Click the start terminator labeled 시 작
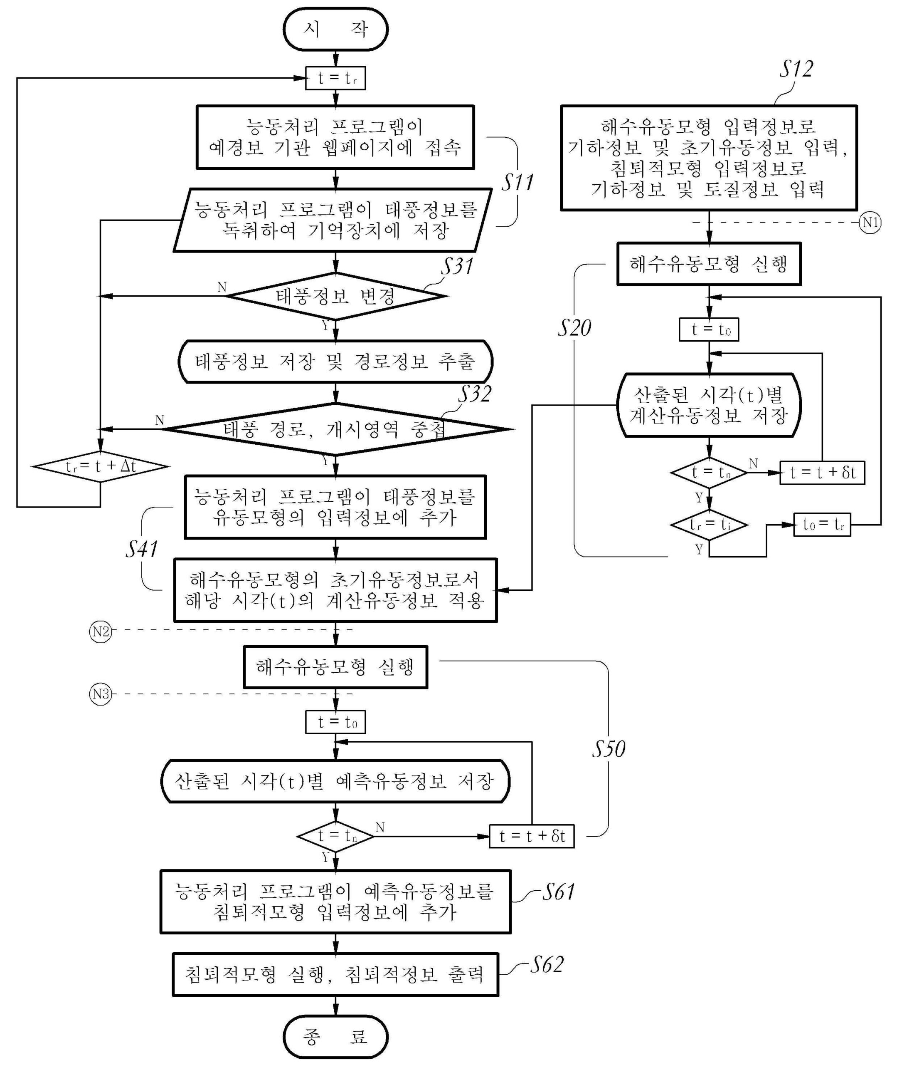tap(335, 29)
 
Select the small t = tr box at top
tap(335, 78)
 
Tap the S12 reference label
tap(796, 69)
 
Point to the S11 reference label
tap(517, 182)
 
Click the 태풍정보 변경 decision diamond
tap(335, 296)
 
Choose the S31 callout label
tap(457, 265)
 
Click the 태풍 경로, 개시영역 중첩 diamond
tap(335, 429)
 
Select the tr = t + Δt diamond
tap(100, 466)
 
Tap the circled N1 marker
tap(870, 223)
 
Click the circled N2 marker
tap(100, 632)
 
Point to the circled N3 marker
tap(100, 693)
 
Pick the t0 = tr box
tap(822, 524)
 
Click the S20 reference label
tap(574, 328)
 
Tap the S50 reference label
tap(609, 748)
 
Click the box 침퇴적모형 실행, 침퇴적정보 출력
tap(335, 974)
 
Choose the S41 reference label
tap(142, 549)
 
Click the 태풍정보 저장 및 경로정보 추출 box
tap(335, 361)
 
